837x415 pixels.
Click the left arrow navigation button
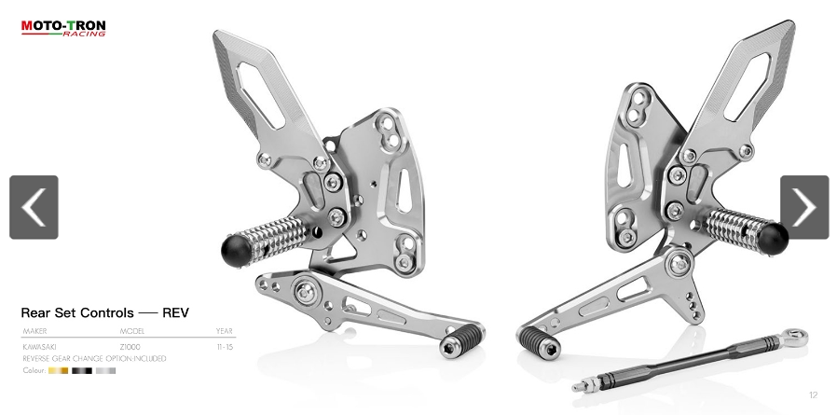coord(34,207)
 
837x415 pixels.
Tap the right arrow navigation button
coord(803,207)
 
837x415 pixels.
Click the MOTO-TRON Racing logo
coord(63,28)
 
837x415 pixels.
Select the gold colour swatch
coord(58,370)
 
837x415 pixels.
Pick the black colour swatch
coord(82,370)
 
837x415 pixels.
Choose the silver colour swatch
coord(105,370)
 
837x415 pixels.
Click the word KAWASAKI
coord(36,347)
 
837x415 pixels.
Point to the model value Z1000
coord(130,347)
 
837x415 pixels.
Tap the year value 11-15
coord(225,347)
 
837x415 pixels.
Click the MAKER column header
coord(34,331)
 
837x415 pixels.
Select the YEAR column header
coord(224,331)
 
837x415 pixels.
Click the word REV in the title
coord(175,312)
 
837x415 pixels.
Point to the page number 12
coord(813,395)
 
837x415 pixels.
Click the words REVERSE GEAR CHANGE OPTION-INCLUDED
coord(94,358)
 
